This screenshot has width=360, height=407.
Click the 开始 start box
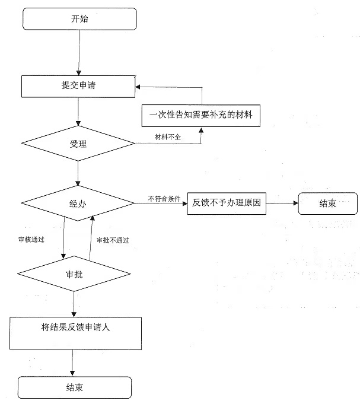tap(79, 18)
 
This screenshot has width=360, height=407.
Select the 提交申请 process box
tap(79, 86)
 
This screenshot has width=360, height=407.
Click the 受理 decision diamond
tap(79, 144)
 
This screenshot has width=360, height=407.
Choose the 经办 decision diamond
tap(79, 203)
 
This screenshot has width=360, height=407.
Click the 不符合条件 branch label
tap(164, 198)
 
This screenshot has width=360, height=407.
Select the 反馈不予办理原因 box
tap(226, 203)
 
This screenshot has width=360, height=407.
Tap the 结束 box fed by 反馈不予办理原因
tap(327, 203)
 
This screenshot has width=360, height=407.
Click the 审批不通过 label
tap(113, 240)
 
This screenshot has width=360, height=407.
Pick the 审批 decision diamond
tap(74, 274)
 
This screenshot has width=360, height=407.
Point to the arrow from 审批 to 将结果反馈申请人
tap(74, 304)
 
